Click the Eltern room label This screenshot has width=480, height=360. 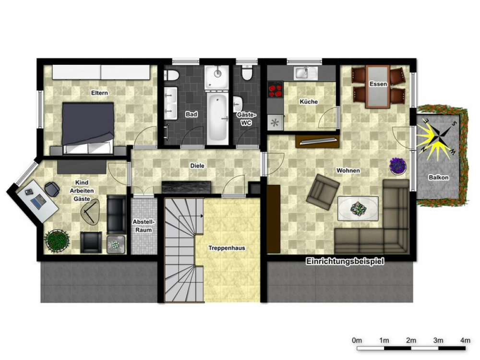pos(99,93)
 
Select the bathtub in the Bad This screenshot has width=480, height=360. pos(217,118)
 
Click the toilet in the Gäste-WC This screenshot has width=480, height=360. pos(246,73)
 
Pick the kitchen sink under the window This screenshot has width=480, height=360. pos(306,73)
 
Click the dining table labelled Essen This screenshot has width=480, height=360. pos(378,86)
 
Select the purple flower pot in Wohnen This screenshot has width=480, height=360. pos(397,166)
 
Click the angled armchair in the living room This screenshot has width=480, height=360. pos(323,192)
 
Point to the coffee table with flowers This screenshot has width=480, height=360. pos(358,208)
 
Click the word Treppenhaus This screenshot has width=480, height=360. pos(227,248)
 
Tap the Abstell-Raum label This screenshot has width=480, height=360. pos(144,226)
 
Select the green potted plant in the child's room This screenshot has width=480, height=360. pos(57,241)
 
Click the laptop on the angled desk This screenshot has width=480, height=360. pos(38,201)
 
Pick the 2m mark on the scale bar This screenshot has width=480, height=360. pos(411,340)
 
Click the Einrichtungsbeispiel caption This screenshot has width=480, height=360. pos(345,262)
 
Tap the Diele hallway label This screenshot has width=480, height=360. pos(197,166)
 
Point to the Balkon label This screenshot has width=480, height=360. pos(439,177)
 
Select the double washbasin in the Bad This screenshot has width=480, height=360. pos(170,103)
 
